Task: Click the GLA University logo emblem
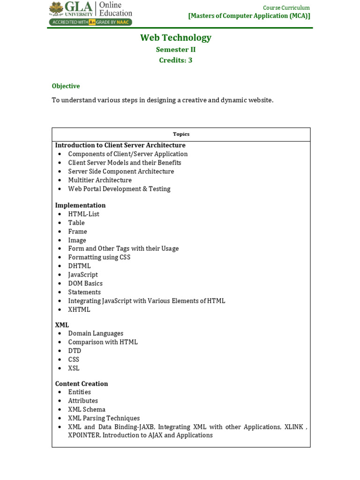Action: pyautogui.click(x=56, y=8)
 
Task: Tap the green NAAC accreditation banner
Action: pyautogui.click(x=90, y=22)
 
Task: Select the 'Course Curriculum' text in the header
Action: pyautogui.click(x=286, y=7)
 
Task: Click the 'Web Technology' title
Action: pyautogui.click(x=176, y=37)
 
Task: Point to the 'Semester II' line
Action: pyautogui.click(x=176, y=50)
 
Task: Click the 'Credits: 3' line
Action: pyautogui.click(x=176, y=60)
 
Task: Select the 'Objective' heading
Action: pyautogui.click(x=66, y=86)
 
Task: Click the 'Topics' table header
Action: pyautogui.click(x=181, y=134)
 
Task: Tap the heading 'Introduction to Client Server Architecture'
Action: pyautogui.click(x=120, y=145)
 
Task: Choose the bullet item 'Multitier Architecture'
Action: pyautogui.click(x=100, y=180)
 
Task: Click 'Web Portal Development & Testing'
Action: pyautogui.click(x=119, y=189)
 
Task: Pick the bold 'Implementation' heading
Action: pyautogui.click(x=80, y=205)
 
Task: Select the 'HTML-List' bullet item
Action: pyautogui.click(x=83, y=214)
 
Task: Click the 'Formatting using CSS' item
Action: pyautogui.click(x=99, y=257)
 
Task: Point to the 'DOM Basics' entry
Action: pyautogui.click(x=85, y=284)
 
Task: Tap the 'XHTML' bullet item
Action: pyautogui.click(x=79, y=310)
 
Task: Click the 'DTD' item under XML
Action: pyautogui.click(x=75, y=351)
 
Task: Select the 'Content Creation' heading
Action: pyautogui.click(x=82, y=383)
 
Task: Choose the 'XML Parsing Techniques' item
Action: pyautogui.click(x=104, y=418)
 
